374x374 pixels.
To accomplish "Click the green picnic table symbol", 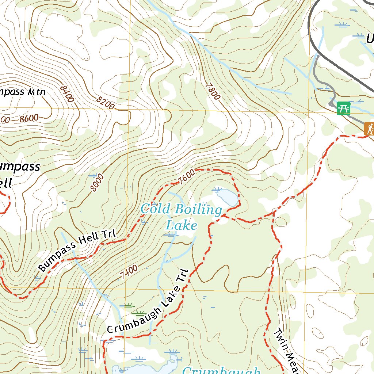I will pyautogui.click(x=343, y=108).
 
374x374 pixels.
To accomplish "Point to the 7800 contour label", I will pyautogui.click(x=213, y=91).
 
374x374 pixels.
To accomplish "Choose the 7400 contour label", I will pyautogui.click(x=129, y=272).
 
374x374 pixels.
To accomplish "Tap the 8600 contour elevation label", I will pyautogui.click(x=29, y=118).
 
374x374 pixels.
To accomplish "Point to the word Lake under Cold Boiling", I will pyautogui.click(x=181, y=225).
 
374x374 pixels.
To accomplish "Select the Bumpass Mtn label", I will pyautogui.click(x=22, y=91).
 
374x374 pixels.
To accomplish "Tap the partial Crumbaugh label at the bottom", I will pyautogui.click(x=221, y=370).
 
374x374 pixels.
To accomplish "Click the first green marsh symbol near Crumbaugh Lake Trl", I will pyautogui.click(x=128, y=305).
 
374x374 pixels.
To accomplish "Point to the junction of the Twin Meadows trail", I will pyautogui.click(x=273, y=212).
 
